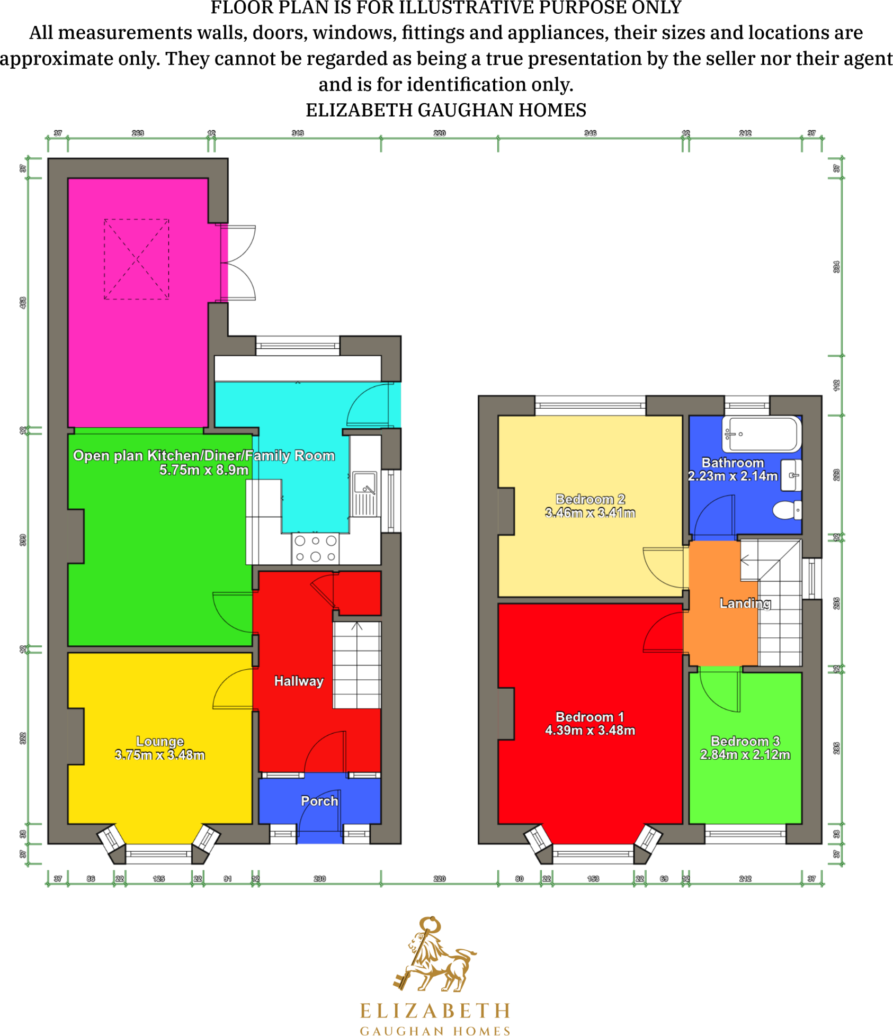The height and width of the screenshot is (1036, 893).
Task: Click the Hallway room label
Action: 298,681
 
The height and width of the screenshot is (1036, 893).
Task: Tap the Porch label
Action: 319,801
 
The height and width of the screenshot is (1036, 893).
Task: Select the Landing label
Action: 745,603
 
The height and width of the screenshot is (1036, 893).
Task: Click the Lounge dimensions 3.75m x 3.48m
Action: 160,755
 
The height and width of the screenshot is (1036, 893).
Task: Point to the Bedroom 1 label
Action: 590,717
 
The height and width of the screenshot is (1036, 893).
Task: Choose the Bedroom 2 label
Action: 590,499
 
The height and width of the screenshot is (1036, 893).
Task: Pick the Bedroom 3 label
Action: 745,741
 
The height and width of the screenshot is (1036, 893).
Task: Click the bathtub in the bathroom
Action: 762,434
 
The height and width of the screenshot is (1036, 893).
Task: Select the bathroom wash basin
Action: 792,475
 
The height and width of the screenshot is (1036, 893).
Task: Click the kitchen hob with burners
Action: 315,548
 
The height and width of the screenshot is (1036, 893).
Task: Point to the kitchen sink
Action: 365,483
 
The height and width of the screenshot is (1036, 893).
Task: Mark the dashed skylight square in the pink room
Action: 137,259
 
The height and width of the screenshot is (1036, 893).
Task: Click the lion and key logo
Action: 434,956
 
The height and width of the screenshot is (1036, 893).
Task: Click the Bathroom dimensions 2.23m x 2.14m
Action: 733,476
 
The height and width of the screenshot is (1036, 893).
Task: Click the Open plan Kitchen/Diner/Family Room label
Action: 204,455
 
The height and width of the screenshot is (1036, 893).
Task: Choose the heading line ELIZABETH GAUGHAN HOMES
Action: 446,110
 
